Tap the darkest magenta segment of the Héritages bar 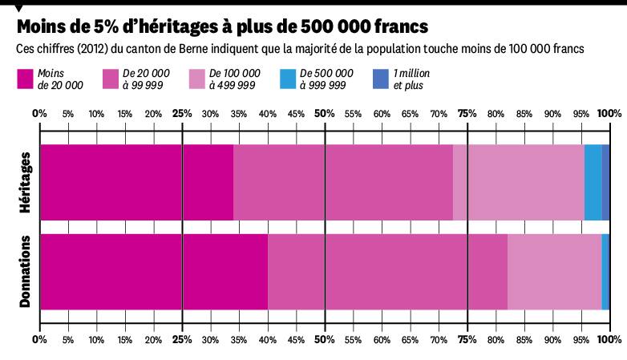coord(136,183)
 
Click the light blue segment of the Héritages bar coord(593,183)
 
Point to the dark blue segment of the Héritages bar coord(606,183)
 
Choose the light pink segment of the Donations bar coord(554,271)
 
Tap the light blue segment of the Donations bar coord(605,271)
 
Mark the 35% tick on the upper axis coord(239,113)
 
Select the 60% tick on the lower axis coord(382,340)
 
